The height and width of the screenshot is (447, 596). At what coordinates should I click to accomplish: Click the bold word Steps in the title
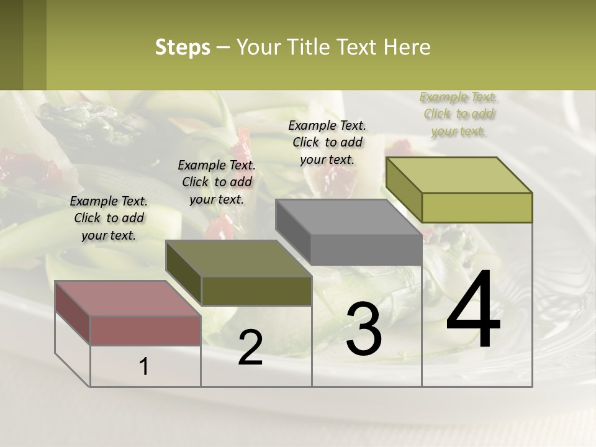pos(183,47)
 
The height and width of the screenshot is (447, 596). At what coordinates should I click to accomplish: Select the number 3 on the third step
pos(363,329)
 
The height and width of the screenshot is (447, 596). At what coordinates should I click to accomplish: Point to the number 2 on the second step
pos(250,348)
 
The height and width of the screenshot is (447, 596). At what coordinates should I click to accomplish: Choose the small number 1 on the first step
pos(144,366)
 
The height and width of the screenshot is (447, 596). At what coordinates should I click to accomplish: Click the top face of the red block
pos(127,299)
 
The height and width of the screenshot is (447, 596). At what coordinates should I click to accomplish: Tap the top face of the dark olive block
pos(238,258)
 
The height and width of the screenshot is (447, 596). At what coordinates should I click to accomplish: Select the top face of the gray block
pos(348,217)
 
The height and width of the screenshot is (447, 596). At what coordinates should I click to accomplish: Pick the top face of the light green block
pos(458,175)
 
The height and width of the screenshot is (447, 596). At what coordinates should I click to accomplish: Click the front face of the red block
pos(146,331)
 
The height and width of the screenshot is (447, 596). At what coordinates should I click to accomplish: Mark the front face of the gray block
pos(366,250)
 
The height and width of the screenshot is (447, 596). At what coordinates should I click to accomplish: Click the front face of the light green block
pos(477,207)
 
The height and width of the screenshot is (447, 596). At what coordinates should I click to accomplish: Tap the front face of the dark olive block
pos(256,291)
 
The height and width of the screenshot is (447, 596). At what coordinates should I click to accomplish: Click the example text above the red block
pos(109,218)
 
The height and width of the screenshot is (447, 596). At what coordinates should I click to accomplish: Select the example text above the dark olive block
pos(217,182)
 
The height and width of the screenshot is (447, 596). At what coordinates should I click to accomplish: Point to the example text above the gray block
pos(327,142)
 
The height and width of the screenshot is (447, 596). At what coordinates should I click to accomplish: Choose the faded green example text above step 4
pos(458,114)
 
